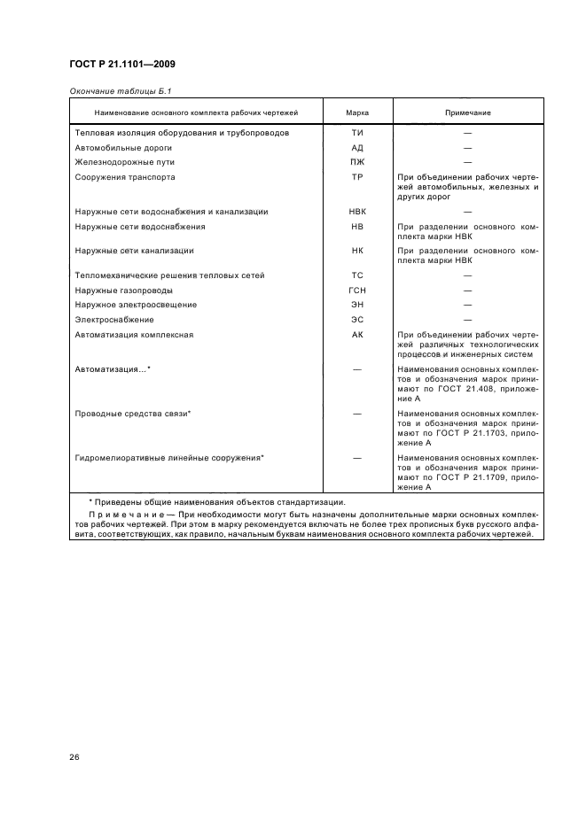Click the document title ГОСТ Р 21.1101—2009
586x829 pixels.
[122, 65]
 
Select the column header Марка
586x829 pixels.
[358, 113]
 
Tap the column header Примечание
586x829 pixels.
[468, 113]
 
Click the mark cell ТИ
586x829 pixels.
[358, 133]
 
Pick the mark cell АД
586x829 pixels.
[358, 148]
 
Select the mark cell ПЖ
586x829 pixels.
[358, 163]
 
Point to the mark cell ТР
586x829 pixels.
[358, 177]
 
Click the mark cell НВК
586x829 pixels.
[358, 212]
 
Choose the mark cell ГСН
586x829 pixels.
[358, 291]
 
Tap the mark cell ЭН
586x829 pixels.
[358, 305]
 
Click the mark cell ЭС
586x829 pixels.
[358, 320]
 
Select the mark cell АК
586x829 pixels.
[358, 335]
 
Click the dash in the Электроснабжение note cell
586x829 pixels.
[468, 320]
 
